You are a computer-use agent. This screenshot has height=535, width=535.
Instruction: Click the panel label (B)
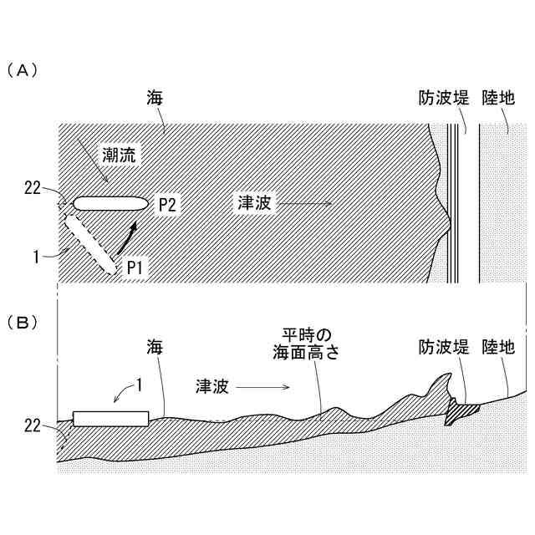[23, 321]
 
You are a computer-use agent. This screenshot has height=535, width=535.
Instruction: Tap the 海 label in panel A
[154, 99]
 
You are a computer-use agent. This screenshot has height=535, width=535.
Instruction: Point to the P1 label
[136, 267]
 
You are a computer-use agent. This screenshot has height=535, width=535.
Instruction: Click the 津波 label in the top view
[256, 203]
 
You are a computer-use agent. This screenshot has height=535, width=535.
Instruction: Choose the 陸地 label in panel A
[499, 99]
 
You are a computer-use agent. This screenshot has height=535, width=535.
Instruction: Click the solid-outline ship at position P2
[109, 203]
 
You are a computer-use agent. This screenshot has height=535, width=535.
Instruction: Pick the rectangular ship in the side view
[111, 419]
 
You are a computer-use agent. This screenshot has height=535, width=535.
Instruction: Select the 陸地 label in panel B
[499, 346]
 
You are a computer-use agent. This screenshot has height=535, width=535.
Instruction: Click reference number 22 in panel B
[33, 426]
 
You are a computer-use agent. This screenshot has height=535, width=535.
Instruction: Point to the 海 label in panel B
[154, 346]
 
